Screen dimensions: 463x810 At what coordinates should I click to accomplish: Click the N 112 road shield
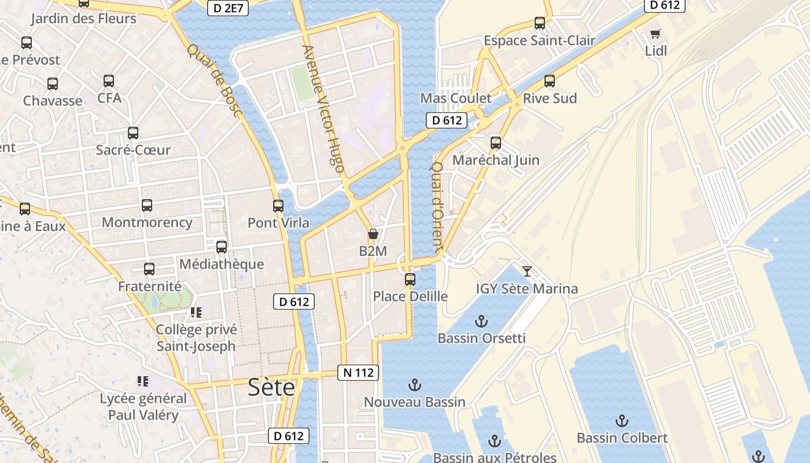click(358, 373)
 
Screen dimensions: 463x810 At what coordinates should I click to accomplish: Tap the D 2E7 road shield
click(228, 8)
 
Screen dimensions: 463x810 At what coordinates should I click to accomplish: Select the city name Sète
click(271, 387)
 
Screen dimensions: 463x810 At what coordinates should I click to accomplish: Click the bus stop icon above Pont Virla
click(278, 206)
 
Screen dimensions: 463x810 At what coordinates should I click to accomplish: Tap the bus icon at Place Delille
click(410, 280)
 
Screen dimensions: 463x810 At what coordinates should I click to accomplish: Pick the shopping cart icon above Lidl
click(655, 34)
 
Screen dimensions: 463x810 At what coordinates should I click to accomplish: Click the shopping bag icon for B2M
click(373, 234)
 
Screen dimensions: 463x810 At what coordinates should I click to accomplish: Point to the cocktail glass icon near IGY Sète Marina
click(526, 271)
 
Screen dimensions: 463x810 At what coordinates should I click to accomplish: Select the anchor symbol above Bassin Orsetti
click(481, 321)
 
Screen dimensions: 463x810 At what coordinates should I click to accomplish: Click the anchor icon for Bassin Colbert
click(622, 421)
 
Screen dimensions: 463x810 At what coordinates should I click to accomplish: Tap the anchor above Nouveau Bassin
click(414, 385)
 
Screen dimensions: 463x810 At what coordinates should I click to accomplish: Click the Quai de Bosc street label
click(213, 80)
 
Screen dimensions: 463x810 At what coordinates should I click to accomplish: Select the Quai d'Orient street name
click(437, 205)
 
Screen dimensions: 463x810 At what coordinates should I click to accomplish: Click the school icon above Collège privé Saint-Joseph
click(196, 313)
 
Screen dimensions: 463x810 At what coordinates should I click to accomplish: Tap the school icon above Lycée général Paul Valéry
click(143, 381)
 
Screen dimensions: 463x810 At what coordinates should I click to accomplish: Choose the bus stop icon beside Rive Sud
click(550, 81)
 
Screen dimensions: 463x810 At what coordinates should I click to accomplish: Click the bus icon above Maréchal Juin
click(496, 143)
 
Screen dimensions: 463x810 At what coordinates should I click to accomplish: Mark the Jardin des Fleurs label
click(83, 18)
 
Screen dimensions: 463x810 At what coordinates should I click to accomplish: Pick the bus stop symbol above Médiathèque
click(222, 247)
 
